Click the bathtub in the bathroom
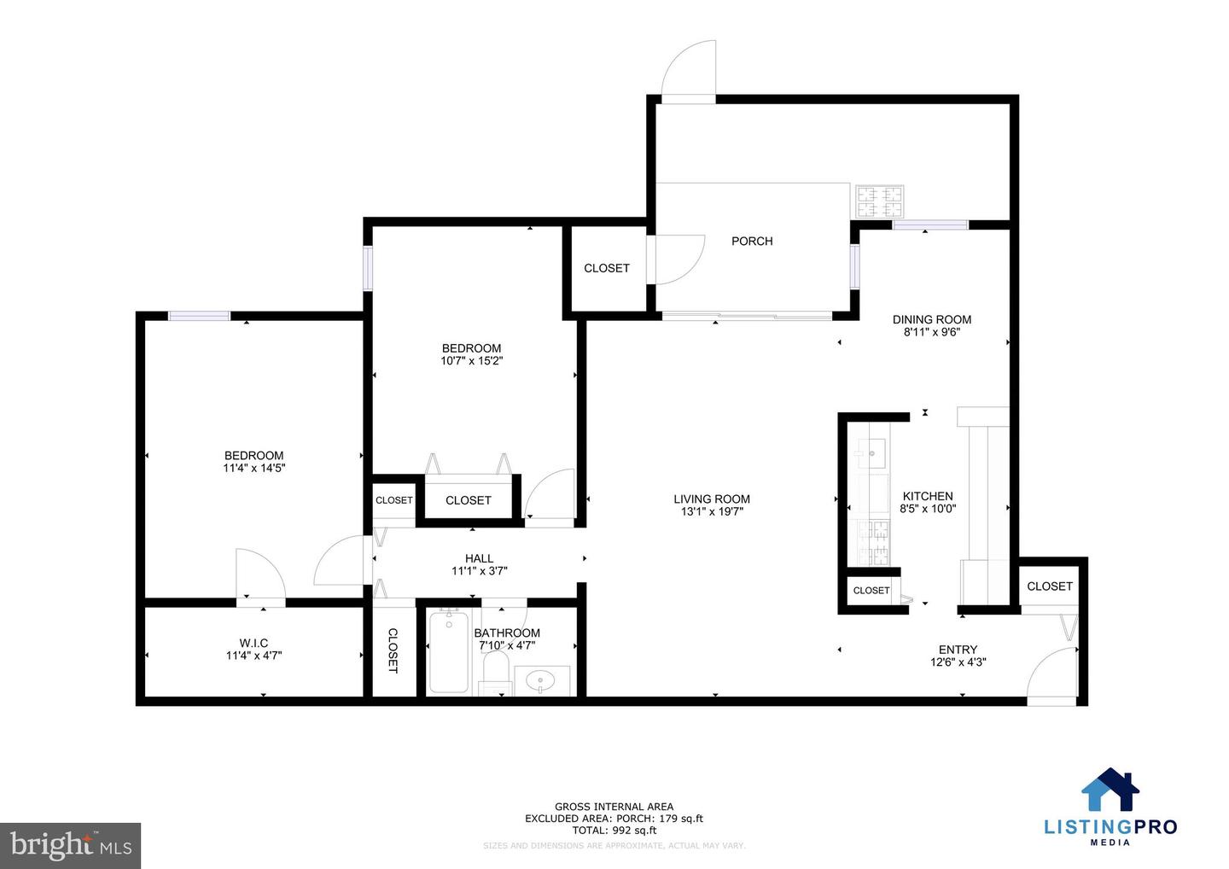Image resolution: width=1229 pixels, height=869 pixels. (x=448, y=652)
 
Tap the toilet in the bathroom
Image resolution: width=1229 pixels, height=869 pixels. (x=495, y=670)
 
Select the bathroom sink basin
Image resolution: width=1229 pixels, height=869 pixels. (x=540, y=680)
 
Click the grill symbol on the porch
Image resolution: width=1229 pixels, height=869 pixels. (x=879, y=201)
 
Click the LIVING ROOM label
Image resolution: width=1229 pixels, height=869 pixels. (x=712, y=499)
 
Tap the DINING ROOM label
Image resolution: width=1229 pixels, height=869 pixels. (x=931, y=319)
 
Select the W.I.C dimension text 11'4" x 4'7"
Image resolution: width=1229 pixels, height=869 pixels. (x=253, y=656)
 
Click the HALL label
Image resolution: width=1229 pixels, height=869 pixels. (x=479, y=559)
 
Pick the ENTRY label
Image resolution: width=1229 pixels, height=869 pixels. (x=958, y=650)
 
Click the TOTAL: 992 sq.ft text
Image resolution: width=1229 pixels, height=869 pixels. (x=614, y=830)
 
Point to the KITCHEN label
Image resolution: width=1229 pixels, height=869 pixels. (x=928, y=496)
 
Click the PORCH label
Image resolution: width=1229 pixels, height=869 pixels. (x=752, y=242)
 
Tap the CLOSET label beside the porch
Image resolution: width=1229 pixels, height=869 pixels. (x=607, y=268)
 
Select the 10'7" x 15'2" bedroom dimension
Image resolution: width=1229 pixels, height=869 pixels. (x=471, y=361)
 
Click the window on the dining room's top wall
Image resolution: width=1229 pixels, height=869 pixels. (x=930, y=225)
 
